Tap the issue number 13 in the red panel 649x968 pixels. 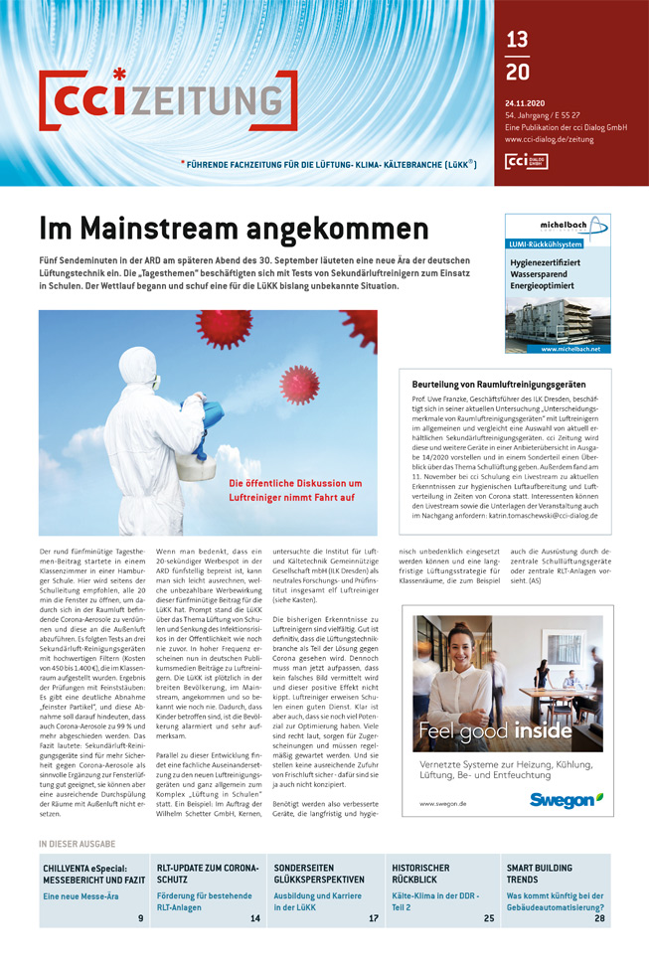pyautogui.click(x=517, y=40)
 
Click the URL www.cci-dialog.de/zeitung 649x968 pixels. pyautogui.click(x=549, y=140)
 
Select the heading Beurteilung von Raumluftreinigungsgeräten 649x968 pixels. pyautogui.click(x=498, y=384)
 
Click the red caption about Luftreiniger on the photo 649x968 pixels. pyautogui.click(x=295, y=490)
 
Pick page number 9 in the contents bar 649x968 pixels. pyautogui.click(x=140, y=917)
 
